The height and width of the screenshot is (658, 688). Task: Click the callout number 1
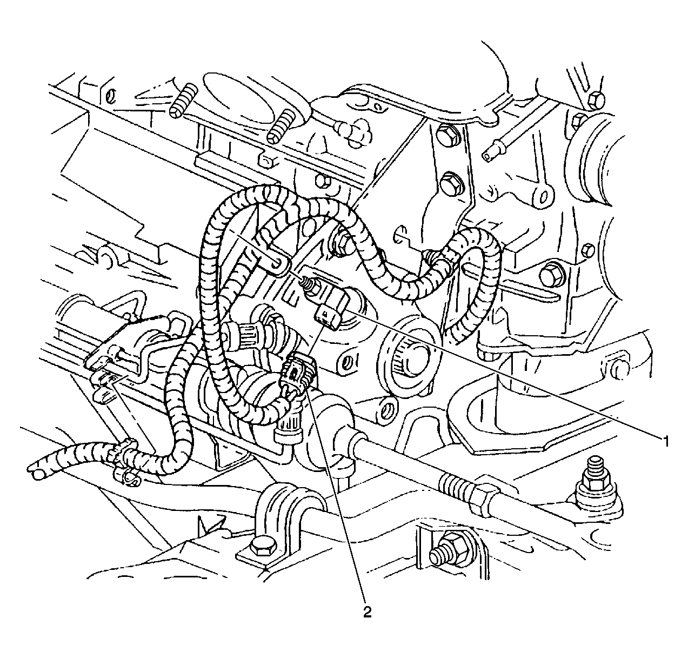(666, 441)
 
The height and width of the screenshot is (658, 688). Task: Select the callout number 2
(368, 612)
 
